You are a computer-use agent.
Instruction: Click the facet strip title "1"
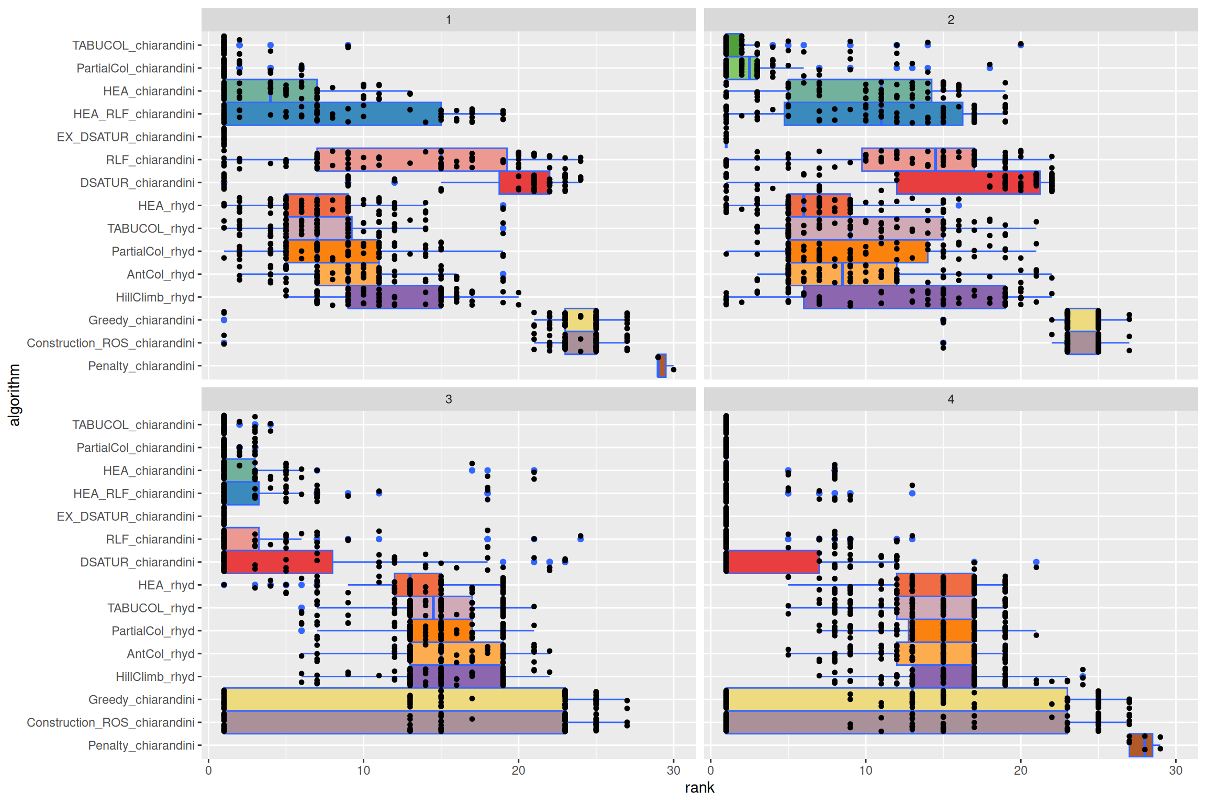click(449, 20)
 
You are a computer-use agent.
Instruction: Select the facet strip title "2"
click(951, 20)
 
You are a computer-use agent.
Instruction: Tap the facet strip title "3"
click(449, 399)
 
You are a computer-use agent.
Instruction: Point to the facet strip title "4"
click(951, 399)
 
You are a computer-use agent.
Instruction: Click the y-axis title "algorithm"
click(15, 395)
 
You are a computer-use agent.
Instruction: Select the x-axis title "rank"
click(699, 788)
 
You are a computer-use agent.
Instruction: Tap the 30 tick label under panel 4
click(1176, 770)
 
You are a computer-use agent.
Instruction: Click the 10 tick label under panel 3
click(363, 770)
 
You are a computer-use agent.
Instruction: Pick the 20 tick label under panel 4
click(1021, 770)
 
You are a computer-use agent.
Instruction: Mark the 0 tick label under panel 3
click(208, 770)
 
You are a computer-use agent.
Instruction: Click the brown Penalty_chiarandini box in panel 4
click(1141, 745)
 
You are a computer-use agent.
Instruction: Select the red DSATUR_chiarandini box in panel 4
click(773, 562)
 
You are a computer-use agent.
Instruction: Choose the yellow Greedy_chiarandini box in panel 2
click(1083, 320)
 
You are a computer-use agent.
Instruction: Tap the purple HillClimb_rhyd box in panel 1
click(395, 297)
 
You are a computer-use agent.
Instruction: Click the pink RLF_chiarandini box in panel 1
click(412, 160)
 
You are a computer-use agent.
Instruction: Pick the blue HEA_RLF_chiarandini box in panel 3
click(242, 494)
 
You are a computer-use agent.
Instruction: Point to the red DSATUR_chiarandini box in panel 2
click(968, 183)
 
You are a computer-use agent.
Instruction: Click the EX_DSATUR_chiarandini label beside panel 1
click(126, 137)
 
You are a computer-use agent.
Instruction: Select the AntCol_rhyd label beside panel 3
click(160, 654)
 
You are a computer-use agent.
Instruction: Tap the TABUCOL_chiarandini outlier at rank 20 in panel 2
click(1021, 44)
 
